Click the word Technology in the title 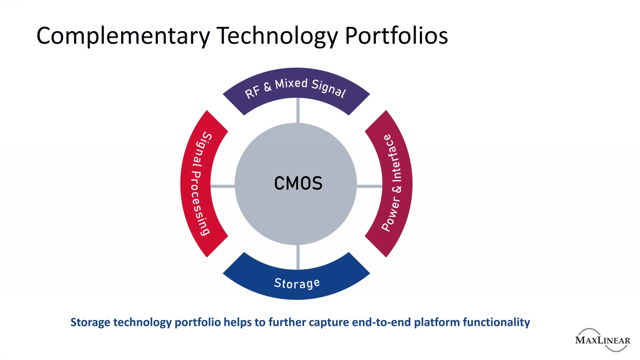277,36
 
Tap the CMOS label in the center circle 298,184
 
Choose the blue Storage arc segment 296,282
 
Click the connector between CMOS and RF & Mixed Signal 298,110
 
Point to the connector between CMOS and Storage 298,257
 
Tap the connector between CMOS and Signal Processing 222,186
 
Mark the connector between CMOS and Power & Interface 369,186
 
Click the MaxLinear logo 602,340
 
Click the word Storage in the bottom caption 90,322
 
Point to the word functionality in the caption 496,322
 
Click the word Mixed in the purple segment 291,84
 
